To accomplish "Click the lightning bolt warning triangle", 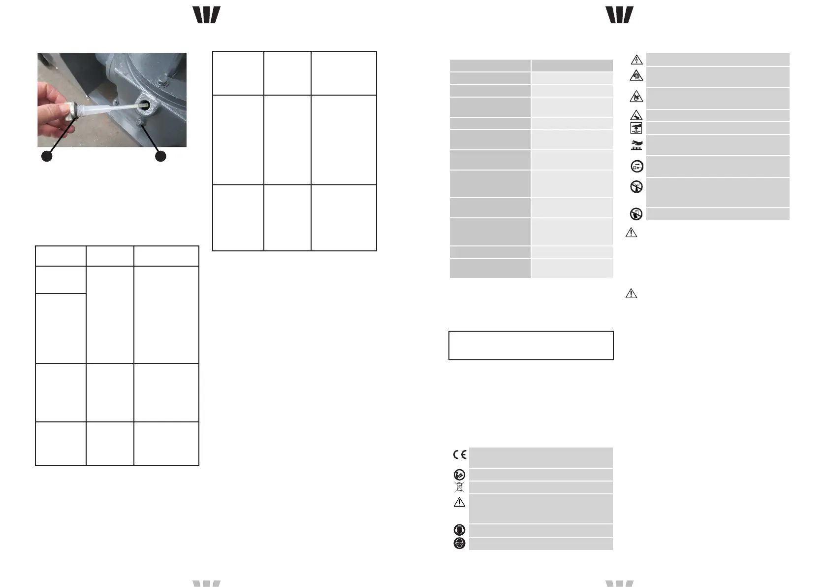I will [x=636, y=60].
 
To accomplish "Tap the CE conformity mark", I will [x=460, y=454].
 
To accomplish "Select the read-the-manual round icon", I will [x=459, y=475].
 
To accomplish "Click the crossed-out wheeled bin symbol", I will [x=459, y=487].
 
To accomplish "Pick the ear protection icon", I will [x=459, y=530].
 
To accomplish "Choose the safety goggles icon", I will [x=459, y=544].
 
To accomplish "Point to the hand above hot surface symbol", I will [x=636, y=145].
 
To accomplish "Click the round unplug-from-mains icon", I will [x=636, y=167].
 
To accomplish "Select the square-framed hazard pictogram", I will [x=636, y=128].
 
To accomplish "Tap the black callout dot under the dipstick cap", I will [x=47, y=156].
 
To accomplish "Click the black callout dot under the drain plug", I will [x=160, y=156].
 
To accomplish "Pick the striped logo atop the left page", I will [x=206, y=15].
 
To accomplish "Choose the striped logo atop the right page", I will [x=619, y=15].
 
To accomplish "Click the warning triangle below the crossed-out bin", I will [x=459, y=502].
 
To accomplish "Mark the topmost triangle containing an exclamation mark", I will [x=631, y=232].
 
